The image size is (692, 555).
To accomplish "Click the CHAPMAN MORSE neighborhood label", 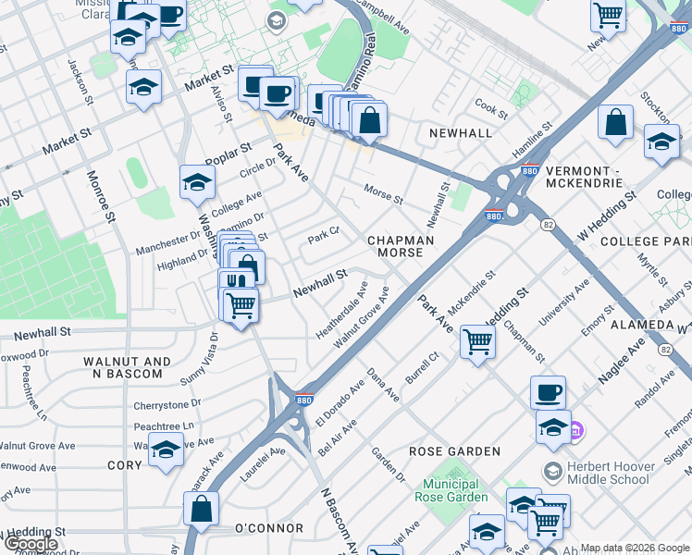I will (x=401, y=246).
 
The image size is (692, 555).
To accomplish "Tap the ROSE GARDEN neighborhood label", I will (x=455, y=451).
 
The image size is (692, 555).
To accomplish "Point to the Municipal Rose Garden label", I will (x=455, y=490).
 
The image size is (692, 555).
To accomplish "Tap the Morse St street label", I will (x=383, y=199).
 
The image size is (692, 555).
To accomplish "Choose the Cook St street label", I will (x=490, y=111).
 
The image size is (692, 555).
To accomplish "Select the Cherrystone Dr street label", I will (x=167, y=404).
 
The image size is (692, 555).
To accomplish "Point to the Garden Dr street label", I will (x=389, y=464).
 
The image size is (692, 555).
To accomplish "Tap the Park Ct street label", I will (x=324, y=237).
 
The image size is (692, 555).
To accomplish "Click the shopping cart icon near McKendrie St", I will (x=478, y=341).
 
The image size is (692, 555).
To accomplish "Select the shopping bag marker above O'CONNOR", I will (x=201, y=508).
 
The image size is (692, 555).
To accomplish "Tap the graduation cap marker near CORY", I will (x=166, y=451).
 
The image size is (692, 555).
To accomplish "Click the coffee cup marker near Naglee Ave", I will (x=548, y=392).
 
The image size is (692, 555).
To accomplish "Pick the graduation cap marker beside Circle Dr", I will (x=197, y=183).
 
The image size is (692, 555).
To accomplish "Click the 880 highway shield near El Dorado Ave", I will (x=303, y=400).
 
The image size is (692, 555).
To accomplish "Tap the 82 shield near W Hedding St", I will (x=548, y=225).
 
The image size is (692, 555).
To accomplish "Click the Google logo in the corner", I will (x=31, y=544).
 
